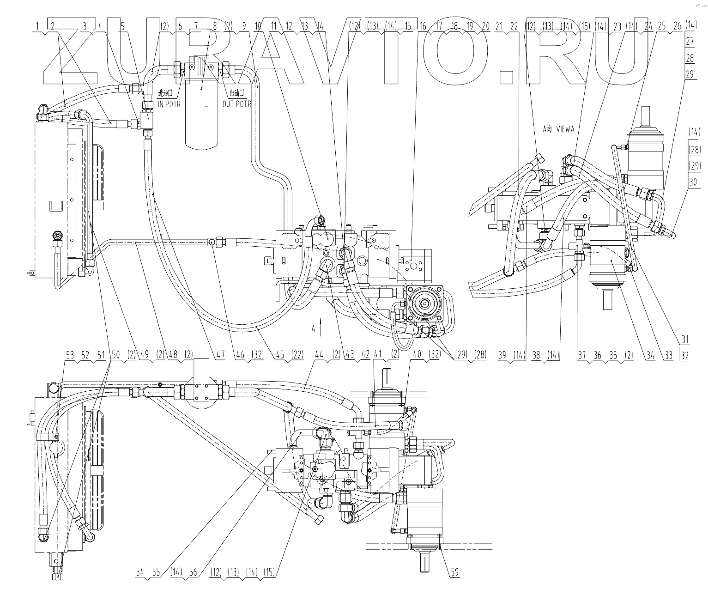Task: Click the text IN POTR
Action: [x=167, y=104]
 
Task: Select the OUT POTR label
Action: [x=236, y=104]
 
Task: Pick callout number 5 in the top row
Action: [x=122, y=27]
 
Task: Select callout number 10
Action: [x=258, y=27]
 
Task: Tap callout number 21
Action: [x=498, y=27]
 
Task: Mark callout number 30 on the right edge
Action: [x=693, y=182]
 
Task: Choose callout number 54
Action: [x=140, y=572]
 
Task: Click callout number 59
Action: [x=455, y=572]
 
